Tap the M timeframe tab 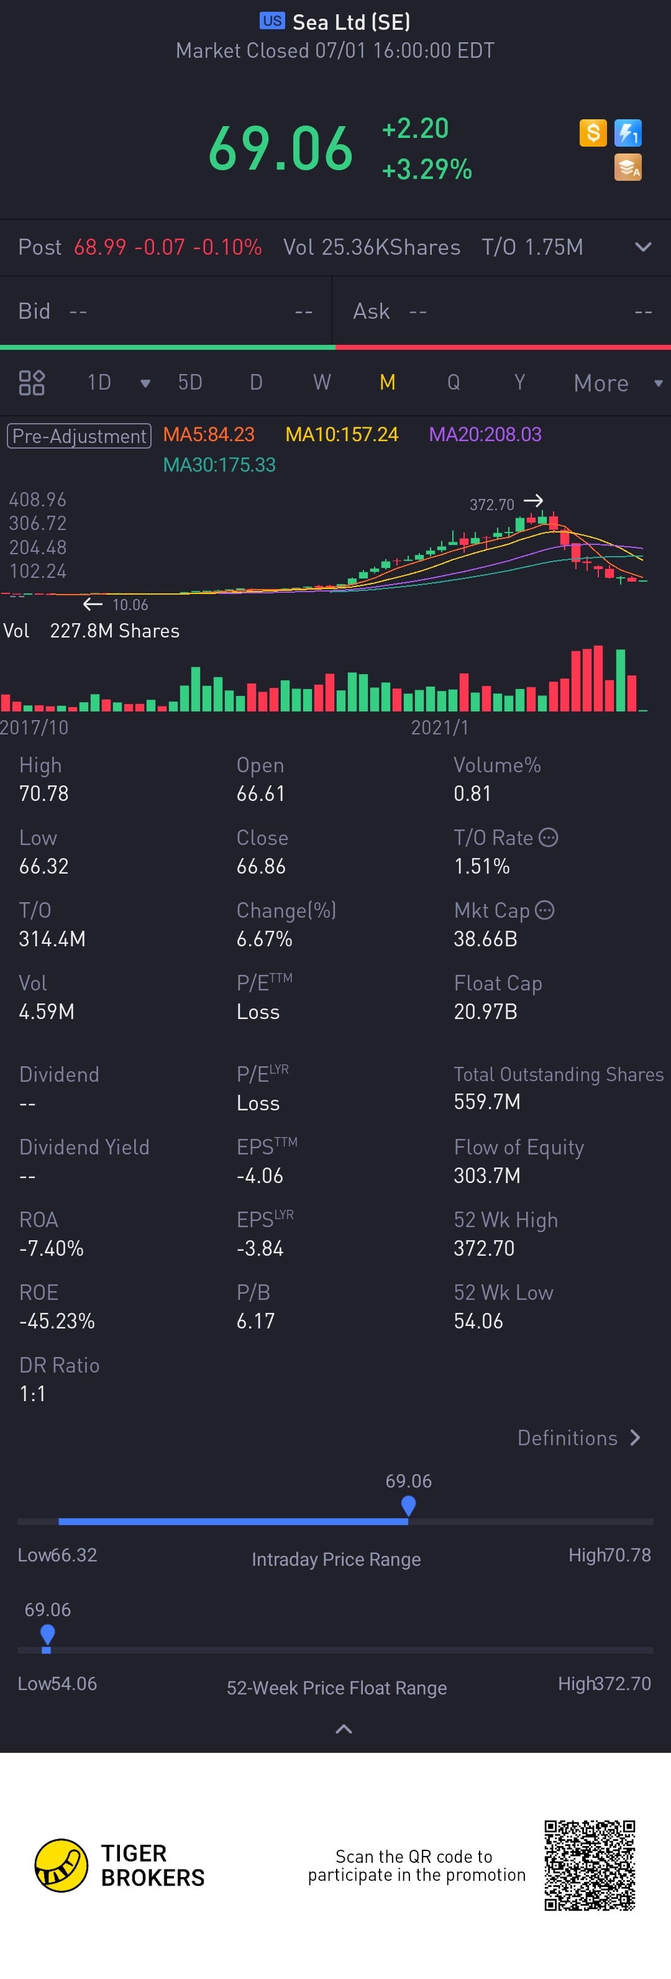pos(388,383)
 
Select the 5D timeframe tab pos(190,383)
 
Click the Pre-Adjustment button pos(79,436)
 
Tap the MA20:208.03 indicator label pos(485,435)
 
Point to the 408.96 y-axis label pos(38,500)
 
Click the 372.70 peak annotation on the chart pos(492,505)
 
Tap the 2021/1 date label pos(440,728)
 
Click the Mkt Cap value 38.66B pos(485,939)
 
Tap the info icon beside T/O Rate pos(548,838)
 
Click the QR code pos(590,1865)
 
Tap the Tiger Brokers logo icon pos(62,1865)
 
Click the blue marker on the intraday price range pos(408,1505)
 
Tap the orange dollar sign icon pos(593,133)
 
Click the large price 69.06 pos(281,149)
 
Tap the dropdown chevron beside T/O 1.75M pos(642,247)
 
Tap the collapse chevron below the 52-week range pos(344,1729)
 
